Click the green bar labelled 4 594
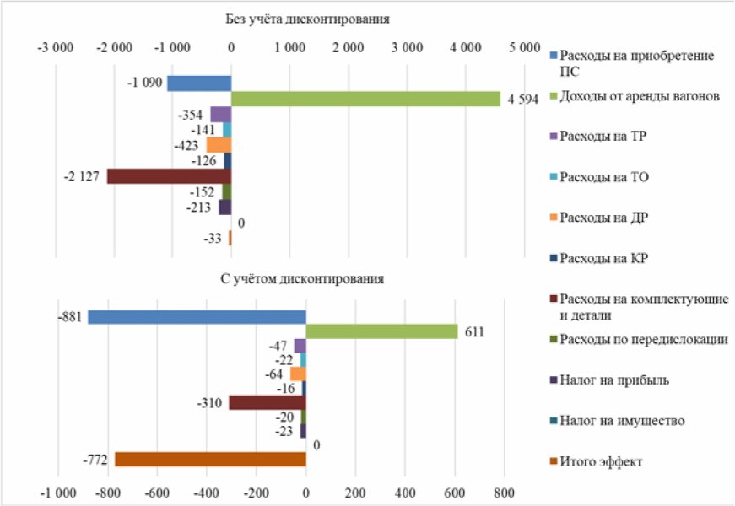pos(365,99)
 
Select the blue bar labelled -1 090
pos(199,83)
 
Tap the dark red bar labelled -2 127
pos(169,176)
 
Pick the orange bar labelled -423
pos(219,145)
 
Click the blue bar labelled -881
pos(197,316)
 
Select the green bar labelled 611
pos(381,331)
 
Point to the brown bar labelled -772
pos(210,459)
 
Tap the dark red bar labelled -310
pos(268,402)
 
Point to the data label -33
pos(213,239)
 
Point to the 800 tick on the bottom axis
pos(504,492)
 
